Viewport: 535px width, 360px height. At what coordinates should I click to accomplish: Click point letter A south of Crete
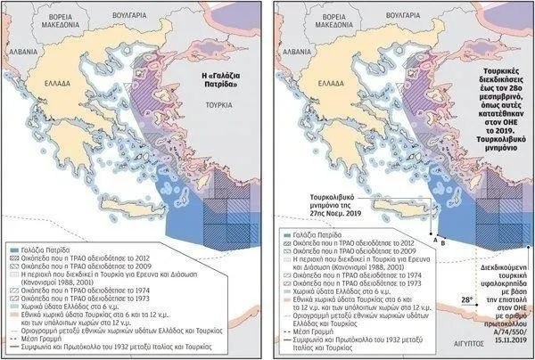point(434,239)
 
